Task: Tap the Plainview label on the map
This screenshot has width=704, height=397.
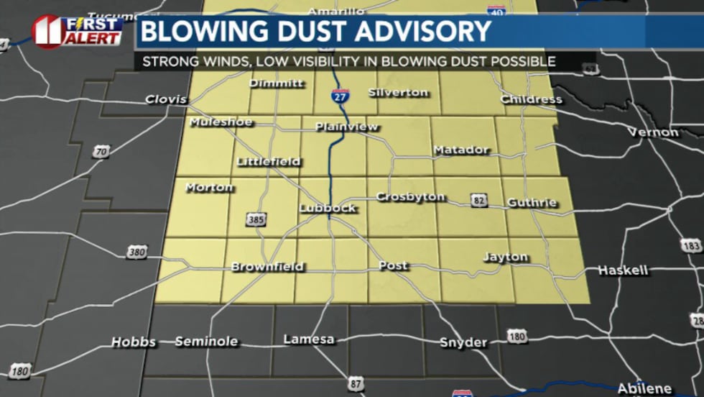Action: [x=346, y=127]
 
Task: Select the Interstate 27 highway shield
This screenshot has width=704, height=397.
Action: [x=341, y=96]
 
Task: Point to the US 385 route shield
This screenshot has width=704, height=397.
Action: [x=255, y=219]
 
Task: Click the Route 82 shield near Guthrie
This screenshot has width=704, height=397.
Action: [x=478, y=198]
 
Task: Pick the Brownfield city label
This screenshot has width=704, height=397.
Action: [x=267, y=267]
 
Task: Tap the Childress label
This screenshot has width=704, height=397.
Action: [x=531, y=99]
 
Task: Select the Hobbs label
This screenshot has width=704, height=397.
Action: [x=134, y=342]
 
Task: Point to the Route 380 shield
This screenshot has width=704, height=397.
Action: [x=136, y=252]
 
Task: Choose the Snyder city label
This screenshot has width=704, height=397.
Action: [x=463, y=342]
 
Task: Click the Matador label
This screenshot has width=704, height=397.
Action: [x=460, y=150]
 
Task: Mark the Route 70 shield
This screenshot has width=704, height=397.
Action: [x=101, y=152]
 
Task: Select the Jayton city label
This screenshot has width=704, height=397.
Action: [x=505, y=257]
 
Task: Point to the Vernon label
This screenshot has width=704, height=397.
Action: [x=653, y=132]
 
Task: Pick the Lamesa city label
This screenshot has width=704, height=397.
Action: [x=309, y=339]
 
